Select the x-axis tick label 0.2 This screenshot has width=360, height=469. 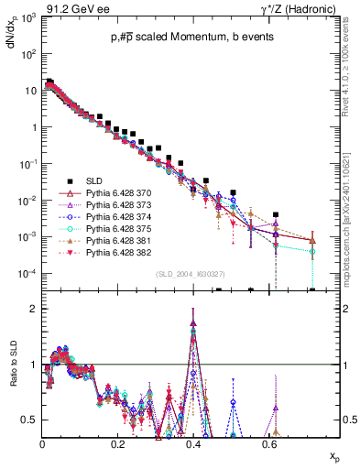[x=117, y=442]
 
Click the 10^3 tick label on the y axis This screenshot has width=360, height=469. [x=29, y=18]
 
